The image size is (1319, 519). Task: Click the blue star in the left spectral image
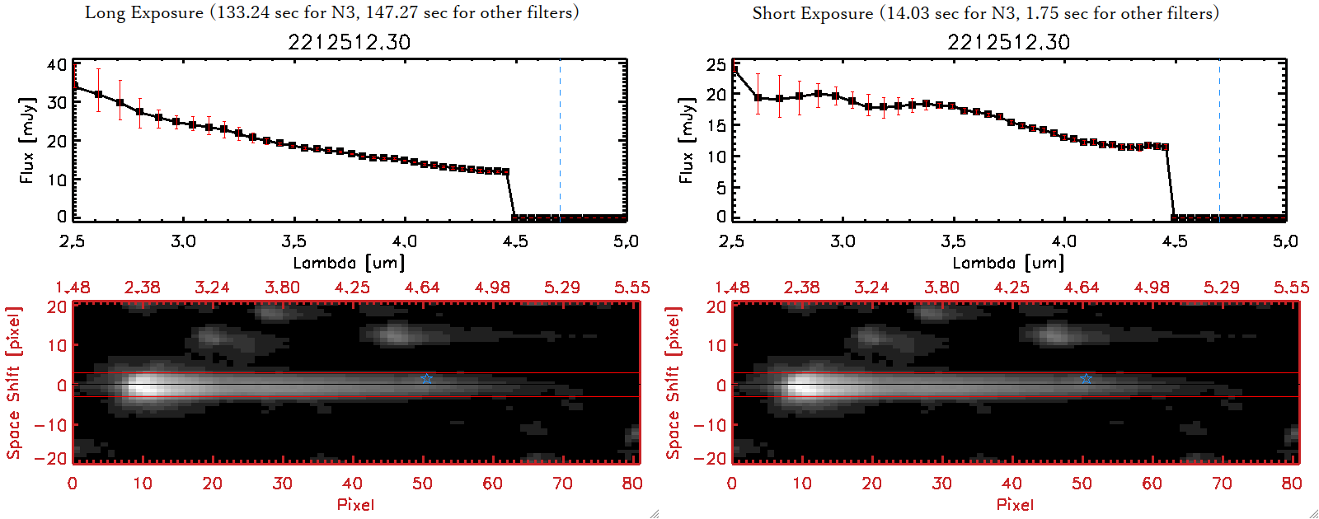pos(426,379)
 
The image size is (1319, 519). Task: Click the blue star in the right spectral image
pos(1086,379)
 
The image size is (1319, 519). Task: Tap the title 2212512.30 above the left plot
pos(349,42)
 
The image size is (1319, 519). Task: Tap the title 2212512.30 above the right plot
pos(1008,42)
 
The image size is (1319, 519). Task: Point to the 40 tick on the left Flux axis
pos(57,65)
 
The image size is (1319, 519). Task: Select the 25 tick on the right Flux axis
pos(716,65)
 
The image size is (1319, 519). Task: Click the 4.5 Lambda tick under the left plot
pos(515,241)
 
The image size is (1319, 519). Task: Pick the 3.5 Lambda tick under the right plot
pos(953,241)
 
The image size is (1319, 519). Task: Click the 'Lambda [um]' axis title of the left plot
pos(349,263)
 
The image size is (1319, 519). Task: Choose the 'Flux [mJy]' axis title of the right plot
pos(687,140)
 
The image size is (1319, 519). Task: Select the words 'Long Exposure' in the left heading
pos(144,13)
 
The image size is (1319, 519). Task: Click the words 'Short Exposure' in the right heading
pos(812,13)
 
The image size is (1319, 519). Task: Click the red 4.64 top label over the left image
pos(422,288)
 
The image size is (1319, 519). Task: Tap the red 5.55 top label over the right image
pos(1291,288)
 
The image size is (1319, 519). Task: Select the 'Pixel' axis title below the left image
pos(355,504)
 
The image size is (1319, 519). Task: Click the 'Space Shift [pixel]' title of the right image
pos(674,383)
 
